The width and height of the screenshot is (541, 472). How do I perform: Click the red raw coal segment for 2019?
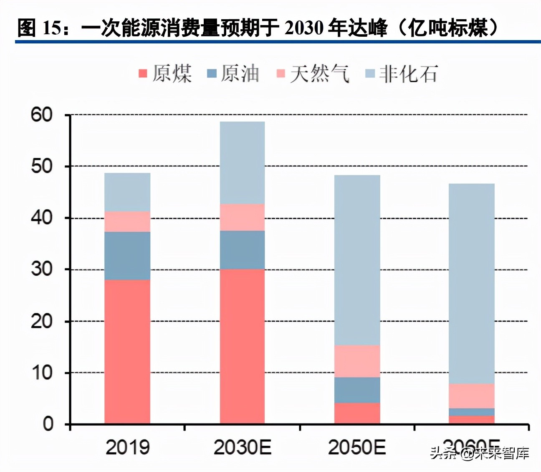click(127, 351)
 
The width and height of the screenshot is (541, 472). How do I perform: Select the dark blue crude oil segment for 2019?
click(127, 256)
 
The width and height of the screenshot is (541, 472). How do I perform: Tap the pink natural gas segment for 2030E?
click(242, 217)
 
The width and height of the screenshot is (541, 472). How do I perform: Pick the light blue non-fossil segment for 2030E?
click(242, 162)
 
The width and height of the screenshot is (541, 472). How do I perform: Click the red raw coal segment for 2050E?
click(357, 413)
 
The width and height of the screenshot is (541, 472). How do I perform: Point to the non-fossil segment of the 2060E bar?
click(472, 284)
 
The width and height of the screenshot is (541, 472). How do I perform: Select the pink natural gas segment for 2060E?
click(472, 396)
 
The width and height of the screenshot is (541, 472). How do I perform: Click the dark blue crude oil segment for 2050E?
click(357, 390)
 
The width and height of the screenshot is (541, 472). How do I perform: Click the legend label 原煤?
click(172, 74)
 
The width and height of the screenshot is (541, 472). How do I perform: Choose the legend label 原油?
click(240, 74)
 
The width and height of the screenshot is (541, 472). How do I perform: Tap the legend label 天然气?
click(319, 74)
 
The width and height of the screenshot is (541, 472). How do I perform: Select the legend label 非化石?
click(408, 74)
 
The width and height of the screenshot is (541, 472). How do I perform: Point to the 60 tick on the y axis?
click(42, 114)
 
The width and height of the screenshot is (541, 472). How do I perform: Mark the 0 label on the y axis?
click(48, 424)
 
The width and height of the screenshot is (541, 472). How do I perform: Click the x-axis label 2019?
click(127, 447)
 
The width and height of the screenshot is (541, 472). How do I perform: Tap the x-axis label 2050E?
click(357, 447)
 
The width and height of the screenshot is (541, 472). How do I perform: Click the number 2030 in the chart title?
click(304, 28)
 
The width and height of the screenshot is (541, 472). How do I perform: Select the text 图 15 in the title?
click(39, 28)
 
